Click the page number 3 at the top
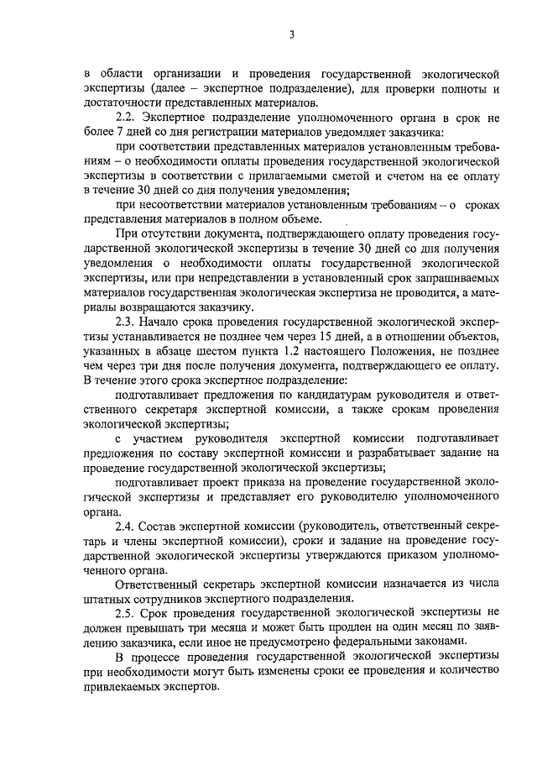(291, 34)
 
